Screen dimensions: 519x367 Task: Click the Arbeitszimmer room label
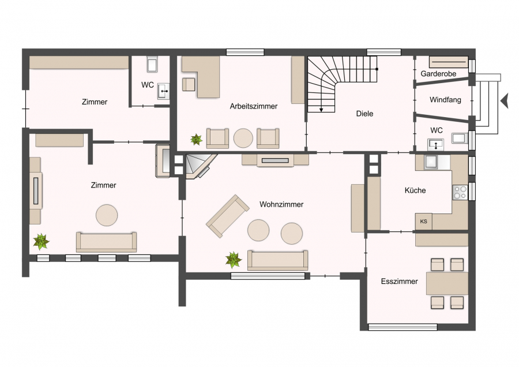(x=254, y=106)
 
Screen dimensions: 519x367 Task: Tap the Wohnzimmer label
(x=281, y=204)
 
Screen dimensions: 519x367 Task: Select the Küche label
(x=415, y=190)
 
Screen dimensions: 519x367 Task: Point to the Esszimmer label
(x=399, y=282)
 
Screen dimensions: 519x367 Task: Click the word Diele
(x=364, y=114)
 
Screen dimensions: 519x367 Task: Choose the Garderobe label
(x=438, y=73)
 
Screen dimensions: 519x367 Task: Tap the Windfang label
(x=445, y=100)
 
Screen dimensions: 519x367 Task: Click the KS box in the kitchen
(x=424, y=221)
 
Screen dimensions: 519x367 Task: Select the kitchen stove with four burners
(x=460, y=192)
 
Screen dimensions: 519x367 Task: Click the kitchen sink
(x=432, y=162)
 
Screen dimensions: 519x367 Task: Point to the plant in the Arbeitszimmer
(x=196, y=140)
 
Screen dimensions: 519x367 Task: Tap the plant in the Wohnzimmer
(x=234, y=260)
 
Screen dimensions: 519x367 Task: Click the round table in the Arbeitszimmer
(x=243, y=138)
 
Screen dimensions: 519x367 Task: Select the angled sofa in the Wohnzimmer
(x=227, y=216)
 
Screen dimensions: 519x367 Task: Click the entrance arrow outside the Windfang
(x=505, y=100)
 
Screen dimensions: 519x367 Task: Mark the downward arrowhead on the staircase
(x=321, y=110)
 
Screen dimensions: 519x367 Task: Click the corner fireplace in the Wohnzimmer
(x=200, y=166)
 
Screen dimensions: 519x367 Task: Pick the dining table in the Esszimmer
(x=447, y=283)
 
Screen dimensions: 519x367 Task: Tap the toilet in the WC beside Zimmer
(x=152, y=65)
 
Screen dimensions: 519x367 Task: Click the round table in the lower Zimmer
(x=107, y=215)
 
